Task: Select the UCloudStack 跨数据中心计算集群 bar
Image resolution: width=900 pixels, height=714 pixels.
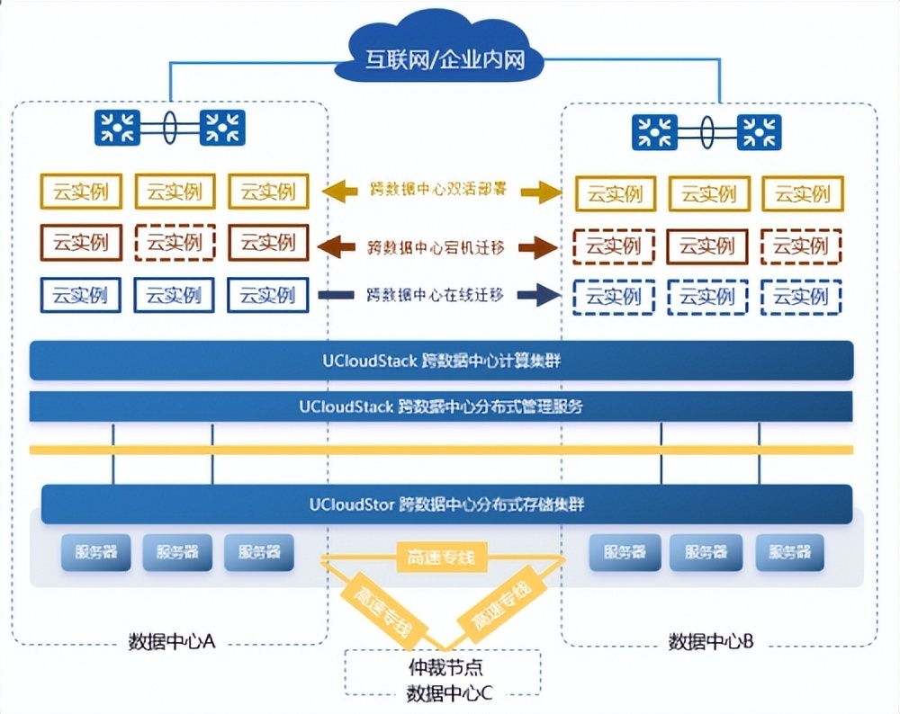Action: (441, 361)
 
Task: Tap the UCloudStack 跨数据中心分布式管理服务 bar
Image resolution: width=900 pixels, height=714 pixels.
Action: (441, 406)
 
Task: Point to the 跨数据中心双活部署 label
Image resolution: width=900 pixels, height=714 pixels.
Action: (437, 190)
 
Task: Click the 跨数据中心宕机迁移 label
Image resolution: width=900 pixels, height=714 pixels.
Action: (437, 245)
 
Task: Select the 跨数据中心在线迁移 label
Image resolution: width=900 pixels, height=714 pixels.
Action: (437, 294)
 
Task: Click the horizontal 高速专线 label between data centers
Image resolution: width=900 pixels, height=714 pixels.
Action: (441, 558)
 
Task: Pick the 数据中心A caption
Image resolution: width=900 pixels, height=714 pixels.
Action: (171, 641)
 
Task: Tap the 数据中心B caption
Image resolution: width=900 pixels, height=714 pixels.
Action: (711, 641)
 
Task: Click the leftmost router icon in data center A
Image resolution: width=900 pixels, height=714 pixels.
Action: (117, 128)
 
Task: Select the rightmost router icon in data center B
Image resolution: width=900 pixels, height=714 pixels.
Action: (759, 132)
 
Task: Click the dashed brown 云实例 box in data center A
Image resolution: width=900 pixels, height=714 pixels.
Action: (175, 243)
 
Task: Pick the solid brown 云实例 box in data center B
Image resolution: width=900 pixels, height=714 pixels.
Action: (707, 245)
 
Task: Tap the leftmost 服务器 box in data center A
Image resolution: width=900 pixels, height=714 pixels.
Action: (95, 552)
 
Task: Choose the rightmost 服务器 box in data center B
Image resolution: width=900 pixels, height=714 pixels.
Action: (789, 552)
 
